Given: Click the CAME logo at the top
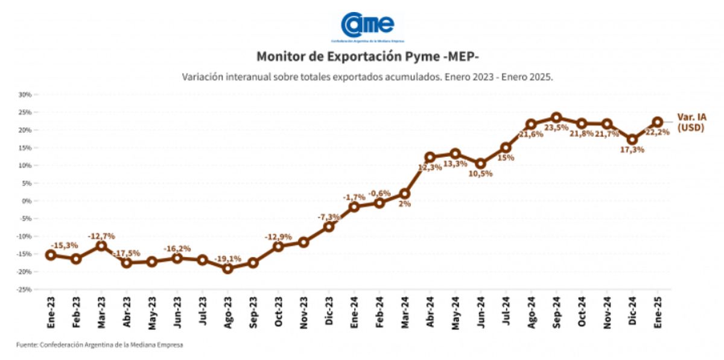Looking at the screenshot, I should pyautogui.click(x=367, y=25).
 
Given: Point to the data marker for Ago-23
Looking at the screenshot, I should pyautogui.click(x=227, y=268).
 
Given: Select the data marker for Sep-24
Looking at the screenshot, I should pyautogui.click(x=556, y=118).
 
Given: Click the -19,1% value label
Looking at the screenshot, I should pyautogui.click(x=227, y=259).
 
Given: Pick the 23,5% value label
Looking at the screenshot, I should pyautogui.click(x=556, y=128).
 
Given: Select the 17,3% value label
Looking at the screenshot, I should pyautogui.click(x=632, y=150).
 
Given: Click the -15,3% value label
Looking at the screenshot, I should pyautogui.click(x=63, y=245).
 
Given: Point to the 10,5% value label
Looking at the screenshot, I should pyautogui.click(x=480, y=174).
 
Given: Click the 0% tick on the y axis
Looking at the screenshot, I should pyautogui.click(x=27, y=201).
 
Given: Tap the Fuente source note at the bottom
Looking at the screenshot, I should pyautogui.click(x=100, y=345).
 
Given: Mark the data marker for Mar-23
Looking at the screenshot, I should pyautogui.click(x=101, y=245).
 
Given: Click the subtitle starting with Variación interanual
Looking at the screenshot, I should pyautogui.click(x=367, y=78).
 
